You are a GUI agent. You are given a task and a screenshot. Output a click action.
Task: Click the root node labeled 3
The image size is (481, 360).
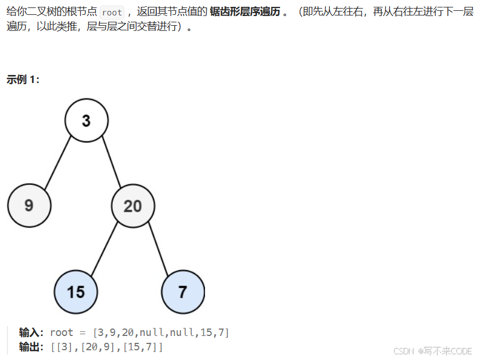click(86, 121)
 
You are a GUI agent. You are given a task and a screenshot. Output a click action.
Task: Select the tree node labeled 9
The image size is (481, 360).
click(29, 205)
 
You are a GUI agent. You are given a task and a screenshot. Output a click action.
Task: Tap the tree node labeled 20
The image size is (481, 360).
click(133, 205)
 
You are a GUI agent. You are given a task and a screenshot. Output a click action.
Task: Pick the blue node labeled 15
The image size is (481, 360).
click(76, 292)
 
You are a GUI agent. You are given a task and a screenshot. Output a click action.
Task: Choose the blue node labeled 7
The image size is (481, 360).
click(183, 292)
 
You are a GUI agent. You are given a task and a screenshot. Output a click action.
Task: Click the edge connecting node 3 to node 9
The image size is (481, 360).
click(58, 163)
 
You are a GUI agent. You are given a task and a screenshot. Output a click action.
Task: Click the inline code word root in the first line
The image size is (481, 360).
click(112, 12)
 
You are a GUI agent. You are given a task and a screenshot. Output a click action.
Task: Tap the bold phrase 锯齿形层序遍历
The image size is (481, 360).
click(244, 12)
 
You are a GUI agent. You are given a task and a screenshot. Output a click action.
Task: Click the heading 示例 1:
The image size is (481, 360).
click(23, 80)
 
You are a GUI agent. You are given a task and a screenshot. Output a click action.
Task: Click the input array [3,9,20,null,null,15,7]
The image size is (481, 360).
click(161, 333)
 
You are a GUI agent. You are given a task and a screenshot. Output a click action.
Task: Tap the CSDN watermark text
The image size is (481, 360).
click(403, 351)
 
